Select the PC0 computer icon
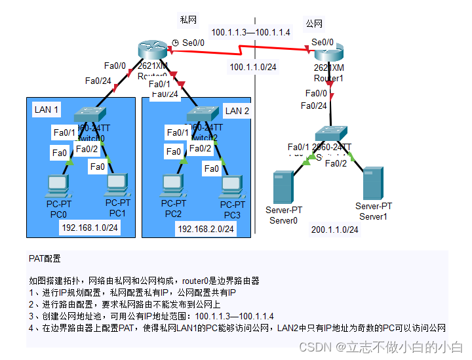click(x=58, y=184)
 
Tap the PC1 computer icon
click(x=117, y=184)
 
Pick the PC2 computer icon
click(x=172, y=184)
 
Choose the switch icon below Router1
click(x=334, y=134)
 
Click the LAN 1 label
click(x=47, y=110)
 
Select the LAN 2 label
click(x=237, y=111)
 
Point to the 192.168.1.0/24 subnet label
click(x=90, y=228)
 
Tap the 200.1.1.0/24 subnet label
click(x=335, y=230)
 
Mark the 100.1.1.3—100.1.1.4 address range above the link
click(x=250, y=32)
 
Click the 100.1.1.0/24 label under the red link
click(x=252, y=67)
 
